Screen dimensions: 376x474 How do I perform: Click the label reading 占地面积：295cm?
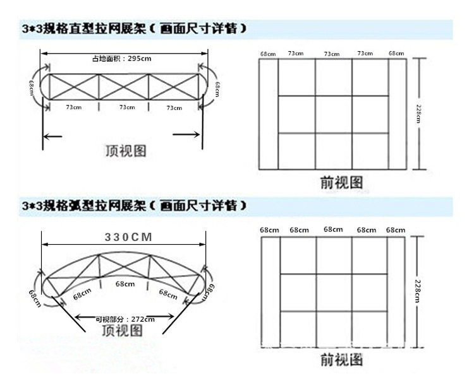tap(121, 58)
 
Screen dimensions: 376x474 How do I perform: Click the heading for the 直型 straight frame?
tap(131, 30)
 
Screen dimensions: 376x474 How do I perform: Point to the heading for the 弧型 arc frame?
tap(131, 206)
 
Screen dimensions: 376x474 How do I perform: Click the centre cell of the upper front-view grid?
tap(333, 114)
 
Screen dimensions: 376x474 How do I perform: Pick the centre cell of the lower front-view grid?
tap(334, 292)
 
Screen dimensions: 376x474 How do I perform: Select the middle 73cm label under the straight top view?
tap(127, 107)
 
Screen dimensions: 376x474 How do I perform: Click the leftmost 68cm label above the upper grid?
tap(267, 54)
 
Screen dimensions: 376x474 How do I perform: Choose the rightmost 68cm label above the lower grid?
tap(396, 230)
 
